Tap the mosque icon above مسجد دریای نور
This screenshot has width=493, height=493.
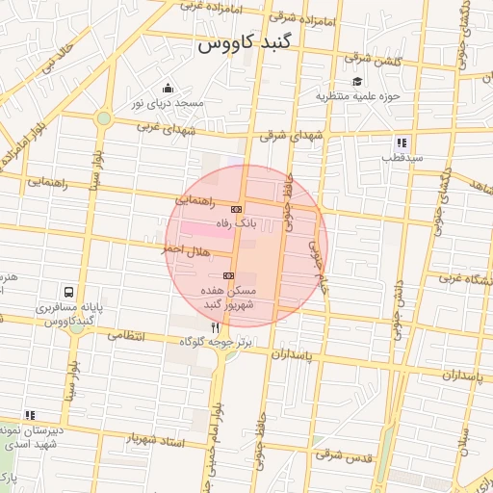coord(168,89)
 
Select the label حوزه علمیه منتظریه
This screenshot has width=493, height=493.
coord(356,96)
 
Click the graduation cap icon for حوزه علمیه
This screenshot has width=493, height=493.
coord(357,81)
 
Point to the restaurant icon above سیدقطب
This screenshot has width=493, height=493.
coord(402,143)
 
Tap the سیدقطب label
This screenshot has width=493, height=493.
coord(401,157)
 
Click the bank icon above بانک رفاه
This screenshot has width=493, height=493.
coord(236,209)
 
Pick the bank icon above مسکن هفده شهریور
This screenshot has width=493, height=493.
coord(228,275)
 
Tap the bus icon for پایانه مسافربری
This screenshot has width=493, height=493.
coord(68,291)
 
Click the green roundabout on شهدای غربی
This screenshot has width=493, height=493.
coord(103,118)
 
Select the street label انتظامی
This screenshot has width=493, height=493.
coord(125,336)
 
